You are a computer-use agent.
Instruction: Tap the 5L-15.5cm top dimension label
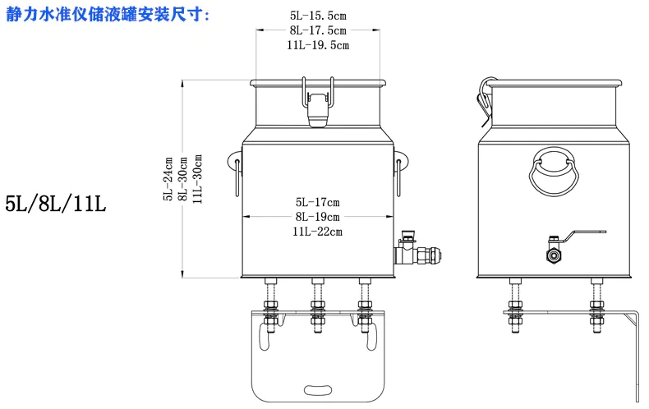click(319, 16)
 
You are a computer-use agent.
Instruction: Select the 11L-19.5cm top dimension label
click(319, 45)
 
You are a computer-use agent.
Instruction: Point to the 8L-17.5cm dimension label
click(319, 30)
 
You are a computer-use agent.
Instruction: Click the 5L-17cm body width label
click(317, 201)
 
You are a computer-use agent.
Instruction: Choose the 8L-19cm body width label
click(317, 217)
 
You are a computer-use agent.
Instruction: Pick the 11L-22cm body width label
click(317, 232)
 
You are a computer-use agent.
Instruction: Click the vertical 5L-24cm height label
click(168, 179)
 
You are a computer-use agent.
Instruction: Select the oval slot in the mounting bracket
click(317, 388)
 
